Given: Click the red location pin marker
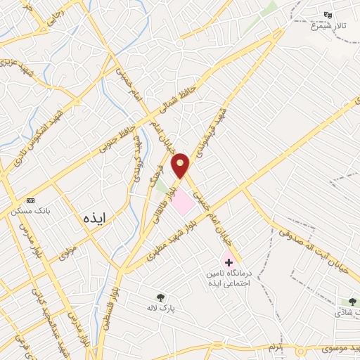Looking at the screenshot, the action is (x=182, y=165).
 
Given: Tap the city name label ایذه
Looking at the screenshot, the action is (x=93, y=217).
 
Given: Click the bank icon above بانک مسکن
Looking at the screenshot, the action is (x=30, y=200).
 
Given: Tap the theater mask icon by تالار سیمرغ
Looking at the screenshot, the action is (x=327, y=15).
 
